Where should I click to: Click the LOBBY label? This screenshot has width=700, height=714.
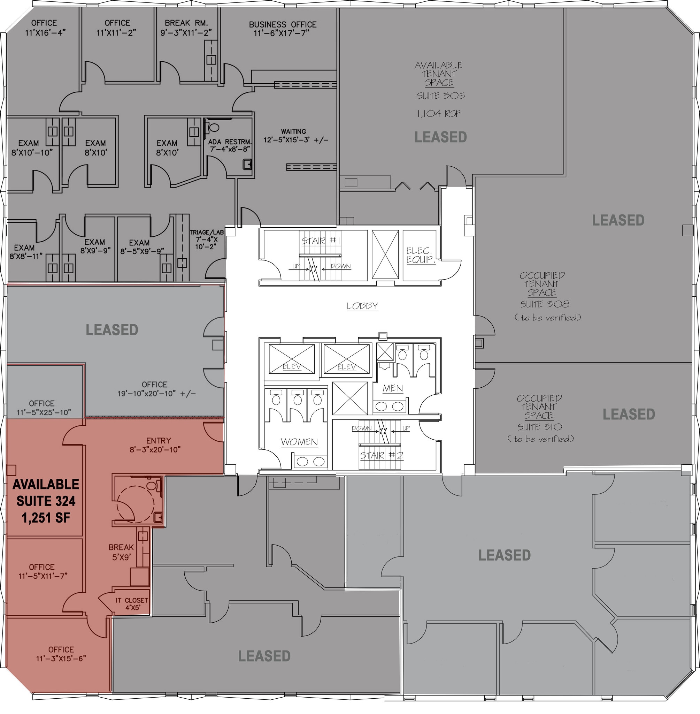point(362,306)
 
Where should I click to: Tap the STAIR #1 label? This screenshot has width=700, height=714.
point(321,241)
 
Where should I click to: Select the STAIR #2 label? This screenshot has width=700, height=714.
point(382,455)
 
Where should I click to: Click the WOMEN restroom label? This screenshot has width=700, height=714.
point(299,442)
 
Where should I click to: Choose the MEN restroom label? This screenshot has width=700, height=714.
point(393,388)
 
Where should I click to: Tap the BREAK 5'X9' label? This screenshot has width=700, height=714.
point(121,552)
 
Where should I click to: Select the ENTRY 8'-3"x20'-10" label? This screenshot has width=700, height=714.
point(155,445)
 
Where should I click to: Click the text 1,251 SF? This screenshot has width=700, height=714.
point(46,518)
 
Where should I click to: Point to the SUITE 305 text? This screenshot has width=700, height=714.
point(441,96)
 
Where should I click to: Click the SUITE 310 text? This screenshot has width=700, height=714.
point(540,427)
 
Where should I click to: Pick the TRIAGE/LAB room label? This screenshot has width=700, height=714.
point(207,239)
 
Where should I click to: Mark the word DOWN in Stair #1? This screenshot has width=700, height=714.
point(341,266)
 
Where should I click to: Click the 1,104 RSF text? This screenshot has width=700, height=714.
point(439,114)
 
